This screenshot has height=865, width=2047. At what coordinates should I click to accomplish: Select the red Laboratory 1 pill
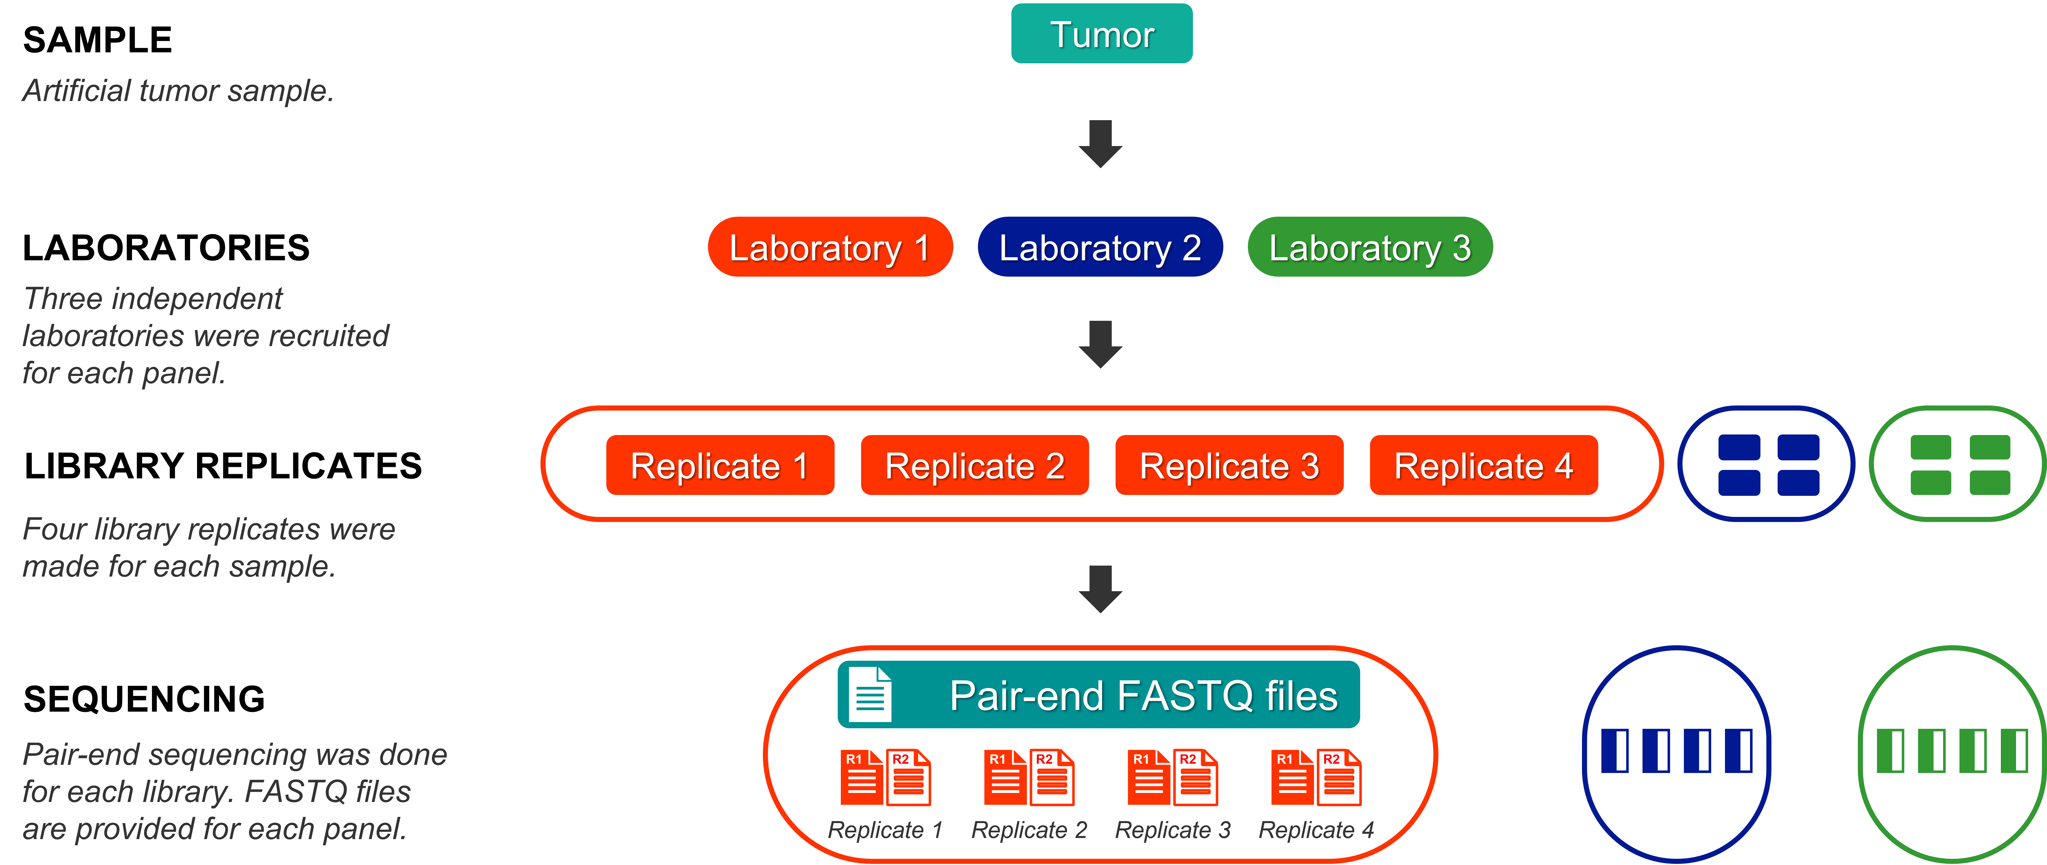pyautogui.click(x=830, y=247)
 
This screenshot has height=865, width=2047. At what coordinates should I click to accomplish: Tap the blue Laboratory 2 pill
pyautogui.click(x=1100, y=247)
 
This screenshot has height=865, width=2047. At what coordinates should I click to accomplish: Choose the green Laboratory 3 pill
pyautogui.click(x=1370, y=247)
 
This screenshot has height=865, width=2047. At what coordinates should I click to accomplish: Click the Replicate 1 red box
pyautogui.click(x=720, y=465)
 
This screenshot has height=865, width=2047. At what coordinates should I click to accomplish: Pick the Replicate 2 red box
pyautogui.click(x=974, y=465)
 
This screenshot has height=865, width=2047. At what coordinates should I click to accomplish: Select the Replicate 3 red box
pyautogui.click(x=1229, y=465)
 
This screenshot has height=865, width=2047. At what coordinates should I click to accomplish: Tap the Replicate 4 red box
pyautogui.click(x=1484, y=465)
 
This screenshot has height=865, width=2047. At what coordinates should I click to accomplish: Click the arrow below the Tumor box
pyautogui.click(x=1101, y=143)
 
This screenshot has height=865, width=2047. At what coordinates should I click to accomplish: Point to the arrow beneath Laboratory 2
pyautogui.click(x=1101, y=344)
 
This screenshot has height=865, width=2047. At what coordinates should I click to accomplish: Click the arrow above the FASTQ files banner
pyautogui.click(x=1101, y=589)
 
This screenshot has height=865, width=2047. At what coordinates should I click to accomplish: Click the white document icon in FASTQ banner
pyautogui.click(x=869, y=694)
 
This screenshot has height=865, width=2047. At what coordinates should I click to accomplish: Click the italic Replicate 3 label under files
pyautogui.click(x=1173, y=830)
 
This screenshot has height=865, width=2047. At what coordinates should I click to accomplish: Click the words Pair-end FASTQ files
pyautogui.click(x=1143, y=696)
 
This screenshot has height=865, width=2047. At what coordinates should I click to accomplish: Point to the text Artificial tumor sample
pyautogui.click(x=178, y=91)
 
